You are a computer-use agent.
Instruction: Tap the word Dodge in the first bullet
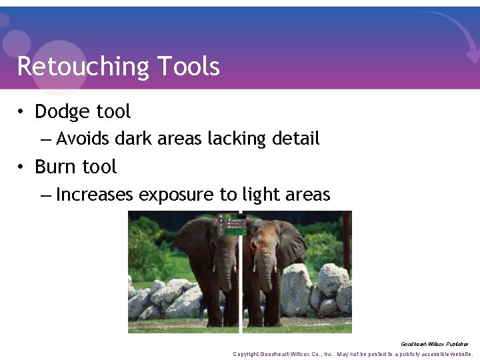[63, 111]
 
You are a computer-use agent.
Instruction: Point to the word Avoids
[83, 139]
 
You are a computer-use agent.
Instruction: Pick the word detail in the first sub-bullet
[296, 139]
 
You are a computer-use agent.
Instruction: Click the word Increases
[95, 195]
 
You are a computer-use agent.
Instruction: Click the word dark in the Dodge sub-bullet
[133, 139]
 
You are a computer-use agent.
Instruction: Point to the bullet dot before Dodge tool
[21, 112]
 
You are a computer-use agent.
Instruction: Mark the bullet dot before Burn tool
[21, 167]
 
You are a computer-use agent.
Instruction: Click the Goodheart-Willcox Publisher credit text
[435, 344]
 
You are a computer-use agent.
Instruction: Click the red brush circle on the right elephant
[255, 241]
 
